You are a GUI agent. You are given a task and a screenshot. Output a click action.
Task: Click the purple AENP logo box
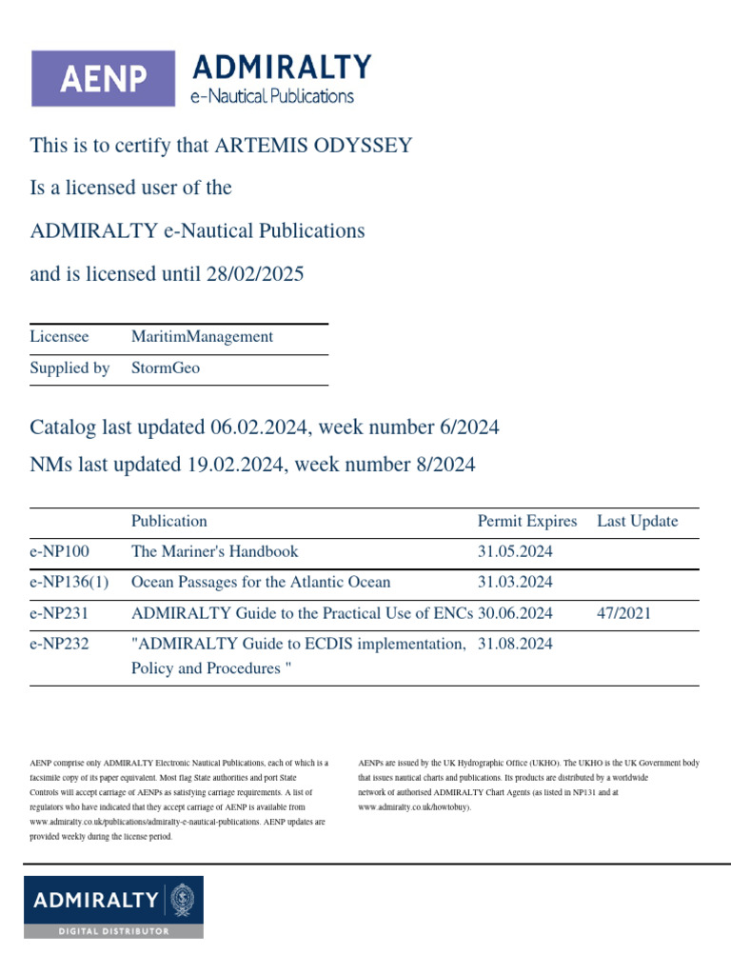point(103,78)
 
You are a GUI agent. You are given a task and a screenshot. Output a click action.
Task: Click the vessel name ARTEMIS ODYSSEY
point(314,146)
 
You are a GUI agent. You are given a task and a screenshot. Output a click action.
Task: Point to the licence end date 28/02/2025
point(254,275)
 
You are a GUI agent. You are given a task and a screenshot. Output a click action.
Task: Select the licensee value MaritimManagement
point(202,337)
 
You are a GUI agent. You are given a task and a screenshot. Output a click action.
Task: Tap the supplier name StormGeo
point(166,368)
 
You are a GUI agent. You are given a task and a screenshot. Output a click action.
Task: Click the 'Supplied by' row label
point(69,368)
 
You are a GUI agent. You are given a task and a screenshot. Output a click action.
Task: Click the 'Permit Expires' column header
point(527,522)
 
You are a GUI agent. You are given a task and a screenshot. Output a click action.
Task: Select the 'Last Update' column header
point(638,522)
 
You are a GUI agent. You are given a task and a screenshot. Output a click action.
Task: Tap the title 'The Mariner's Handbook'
point(214,552)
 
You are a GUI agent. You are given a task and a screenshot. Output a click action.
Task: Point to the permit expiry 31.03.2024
point(515,583)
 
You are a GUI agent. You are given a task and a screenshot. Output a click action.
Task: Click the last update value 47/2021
point(623,613)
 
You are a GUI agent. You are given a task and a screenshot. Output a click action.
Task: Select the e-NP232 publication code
point(59,645)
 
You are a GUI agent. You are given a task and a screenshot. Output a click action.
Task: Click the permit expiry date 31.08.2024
point(515,645)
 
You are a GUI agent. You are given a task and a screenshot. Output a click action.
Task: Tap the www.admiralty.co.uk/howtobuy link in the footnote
point(414,806)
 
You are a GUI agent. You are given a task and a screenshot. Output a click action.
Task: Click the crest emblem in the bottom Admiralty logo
point(181,900)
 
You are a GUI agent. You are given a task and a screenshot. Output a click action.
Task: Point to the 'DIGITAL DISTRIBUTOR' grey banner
point(113,930)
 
